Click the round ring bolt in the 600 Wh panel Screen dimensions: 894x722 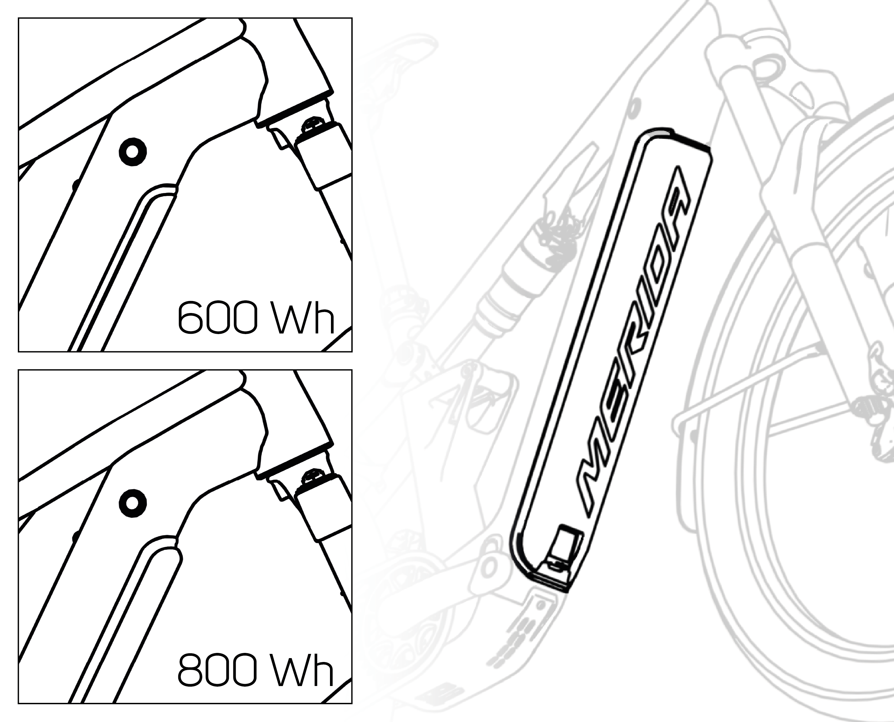click(133, 151)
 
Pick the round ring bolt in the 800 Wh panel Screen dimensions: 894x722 click(133, 503)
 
